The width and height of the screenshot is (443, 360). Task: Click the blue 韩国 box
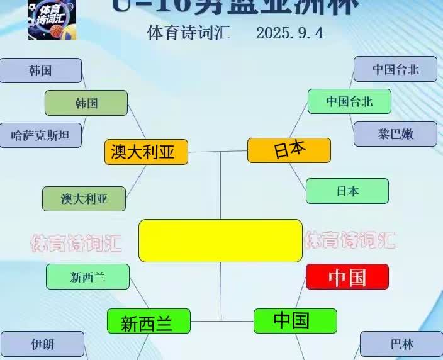[40, 70]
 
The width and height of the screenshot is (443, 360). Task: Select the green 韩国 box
[86, 103]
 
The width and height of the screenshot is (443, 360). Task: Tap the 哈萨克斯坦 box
[40, 135]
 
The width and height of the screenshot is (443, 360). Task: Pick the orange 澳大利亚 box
[146, 152]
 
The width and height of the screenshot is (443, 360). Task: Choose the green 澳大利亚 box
[84, 198]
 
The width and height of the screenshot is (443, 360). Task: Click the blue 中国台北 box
[395, 69]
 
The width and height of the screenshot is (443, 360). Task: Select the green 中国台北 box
[349, 101]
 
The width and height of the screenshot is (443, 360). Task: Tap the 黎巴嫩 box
[395, 134]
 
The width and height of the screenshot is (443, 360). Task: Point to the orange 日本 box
[289, 150]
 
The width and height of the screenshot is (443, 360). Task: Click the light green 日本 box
[347, 191]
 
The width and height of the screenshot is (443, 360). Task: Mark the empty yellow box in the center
[220, 240]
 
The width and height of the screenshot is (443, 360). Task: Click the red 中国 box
[347, 276]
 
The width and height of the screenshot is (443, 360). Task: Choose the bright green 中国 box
[295, 321]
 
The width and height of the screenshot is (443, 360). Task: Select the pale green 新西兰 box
[88, 276]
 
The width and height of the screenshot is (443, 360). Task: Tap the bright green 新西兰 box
[148, 322]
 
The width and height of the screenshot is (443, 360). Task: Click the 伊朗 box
[42, 344]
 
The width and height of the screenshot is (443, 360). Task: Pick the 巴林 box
[401, 344]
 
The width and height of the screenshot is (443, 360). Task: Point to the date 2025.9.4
[289, 33]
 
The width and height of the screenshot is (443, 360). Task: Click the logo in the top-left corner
[52, 20]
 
